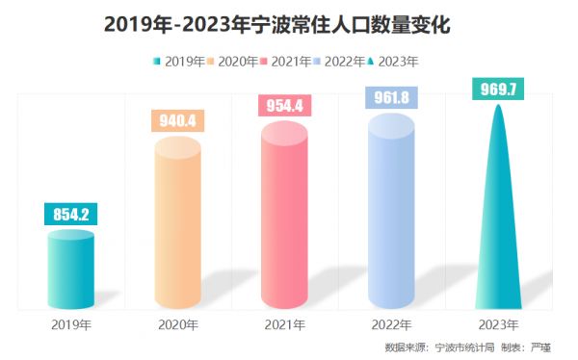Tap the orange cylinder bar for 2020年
click(177, 226)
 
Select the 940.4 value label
click(177, 121)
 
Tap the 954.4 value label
click(285, 106)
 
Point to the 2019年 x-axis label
click(70, 324)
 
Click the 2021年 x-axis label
click(285, 324)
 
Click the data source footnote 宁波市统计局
click(467, 347)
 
